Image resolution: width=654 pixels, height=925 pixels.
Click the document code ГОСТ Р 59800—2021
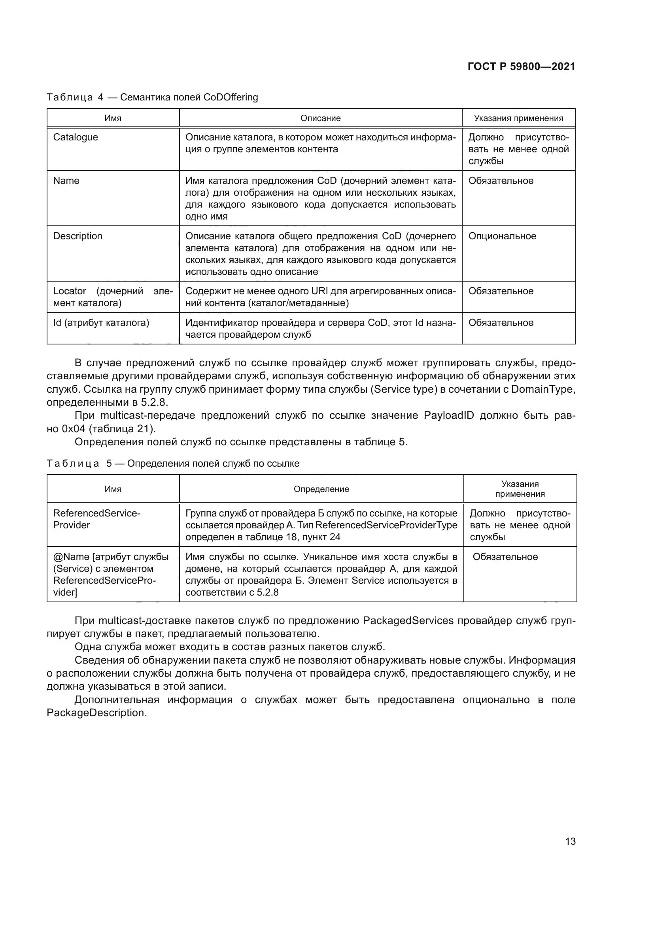click(x=521, y=67)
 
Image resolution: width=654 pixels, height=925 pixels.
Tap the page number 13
click(x=570, y=841)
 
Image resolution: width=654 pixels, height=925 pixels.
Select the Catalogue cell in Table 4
click(x=76, y=137)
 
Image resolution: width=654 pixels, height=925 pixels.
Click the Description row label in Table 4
click(x=78, y=236)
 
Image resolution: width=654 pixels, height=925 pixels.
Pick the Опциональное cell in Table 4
click(x=502, y=236)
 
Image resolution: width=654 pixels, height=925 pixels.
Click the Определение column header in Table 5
click(x=321, y=489)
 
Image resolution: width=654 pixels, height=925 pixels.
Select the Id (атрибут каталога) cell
click(x=101, y=323)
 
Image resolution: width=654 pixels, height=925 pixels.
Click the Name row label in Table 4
click(x=66, y=181)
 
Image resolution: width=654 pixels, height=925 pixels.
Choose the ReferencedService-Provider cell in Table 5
click(x=96, y=519)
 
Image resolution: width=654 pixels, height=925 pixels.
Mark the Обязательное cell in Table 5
click(x=505, y=557)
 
